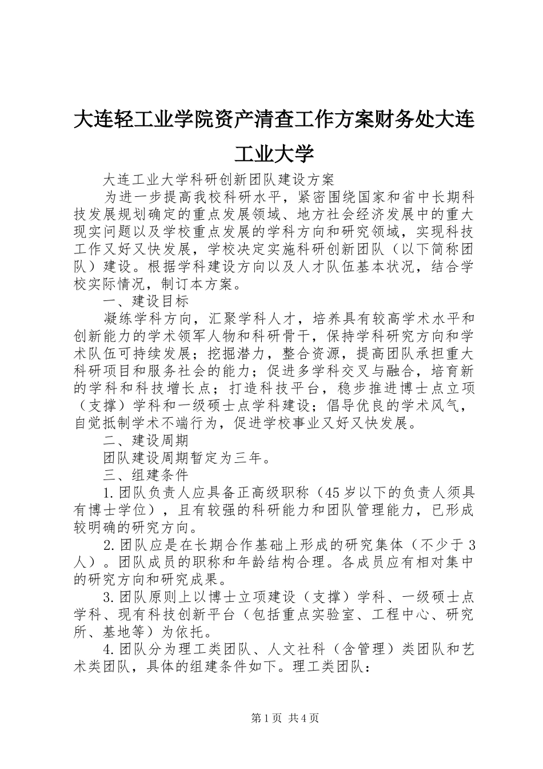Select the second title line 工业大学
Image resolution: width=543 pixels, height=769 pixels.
point(274,153)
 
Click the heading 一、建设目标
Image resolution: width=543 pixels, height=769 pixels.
point(146,300)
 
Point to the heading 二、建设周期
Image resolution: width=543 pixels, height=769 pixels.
point(146,440)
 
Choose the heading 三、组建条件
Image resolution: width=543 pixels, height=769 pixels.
point(146,475)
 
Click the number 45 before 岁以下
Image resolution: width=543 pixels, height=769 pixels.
point(332,493)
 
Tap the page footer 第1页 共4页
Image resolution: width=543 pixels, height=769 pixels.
point(272,718)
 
